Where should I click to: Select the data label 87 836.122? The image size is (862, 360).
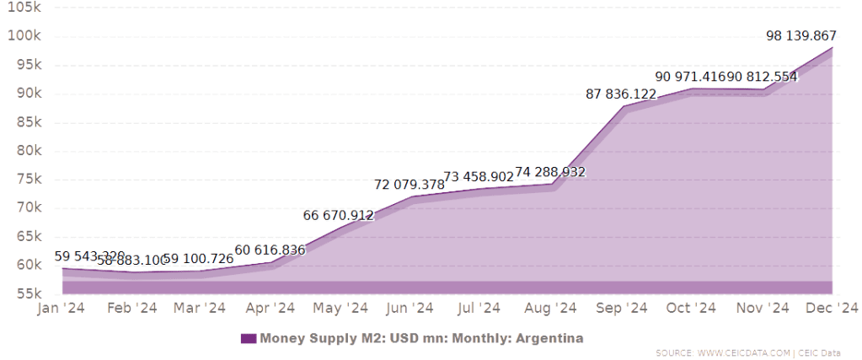622,94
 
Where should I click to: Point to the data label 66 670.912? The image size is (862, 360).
338,216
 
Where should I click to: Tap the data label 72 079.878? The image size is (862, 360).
409,185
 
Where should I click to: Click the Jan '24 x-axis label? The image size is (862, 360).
61,308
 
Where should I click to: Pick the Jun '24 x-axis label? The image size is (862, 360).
409,308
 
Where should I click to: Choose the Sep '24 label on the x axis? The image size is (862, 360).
622,308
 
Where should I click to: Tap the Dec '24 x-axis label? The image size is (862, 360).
833,308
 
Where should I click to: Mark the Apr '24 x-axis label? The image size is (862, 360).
270,308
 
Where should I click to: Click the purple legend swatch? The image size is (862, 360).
248,339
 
